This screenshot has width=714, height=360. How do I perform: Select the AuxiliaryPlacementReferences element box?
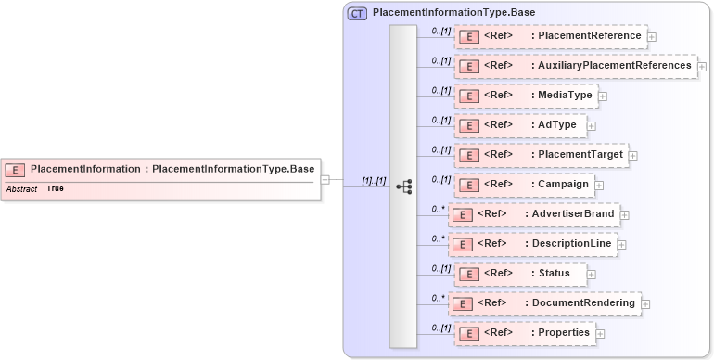(x=575, y=66)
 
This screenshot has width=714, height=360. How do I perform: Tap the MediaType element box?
(x=525, y=96)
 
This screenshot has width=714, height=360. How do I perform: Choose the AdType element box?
(x=519, y=125)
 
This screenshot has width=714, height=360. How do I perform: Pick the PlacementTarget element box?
(x=541, y=155)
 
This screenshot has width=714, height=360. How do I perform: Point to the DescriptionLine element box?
(x=532, y=244)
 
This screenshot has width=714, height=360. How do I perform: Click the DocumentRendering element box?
(x=544, y=303)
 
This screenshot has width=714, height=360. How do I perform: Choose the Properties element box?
(x=524, y=333)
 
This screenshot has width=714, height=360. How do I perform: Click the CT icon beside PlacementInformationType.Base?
(x=357, y=14)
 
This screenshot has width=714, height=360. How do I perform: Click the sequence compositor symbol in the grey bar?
(x=403, y=186)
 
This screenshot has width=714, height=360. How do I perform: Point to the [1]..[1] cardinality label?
(x=374, y=181)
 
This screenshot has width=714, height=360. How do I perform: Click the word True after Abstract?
(x=56, y=189)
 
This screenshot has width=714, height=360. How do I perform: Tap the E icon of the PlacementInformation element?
(x=16, y=169)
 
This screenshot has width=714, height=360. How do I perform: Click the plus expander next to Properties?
(x=600, y=334)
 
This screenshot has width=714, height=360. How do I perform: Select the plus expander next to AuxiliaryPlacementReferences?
(x=702, y=67)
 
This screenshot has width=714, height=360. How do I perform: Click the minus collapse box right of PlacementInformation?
(x=325, y=180)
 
